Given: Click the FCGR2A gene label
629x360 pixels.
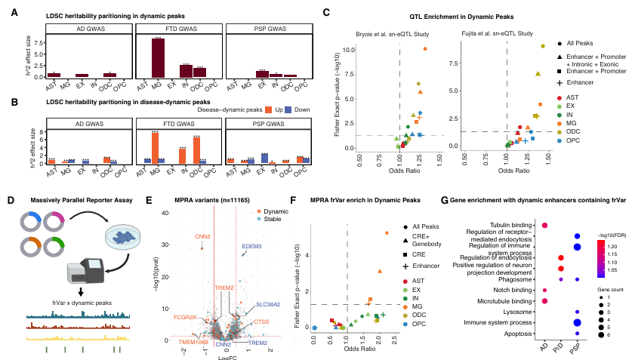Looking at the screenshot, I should tap(186, 317).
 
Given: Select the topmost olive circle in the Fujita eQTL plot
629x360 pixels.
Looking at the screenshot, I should tap(542, 46).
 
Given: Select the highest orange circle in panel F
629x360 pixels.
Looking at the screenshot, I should tap(386, 233).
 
